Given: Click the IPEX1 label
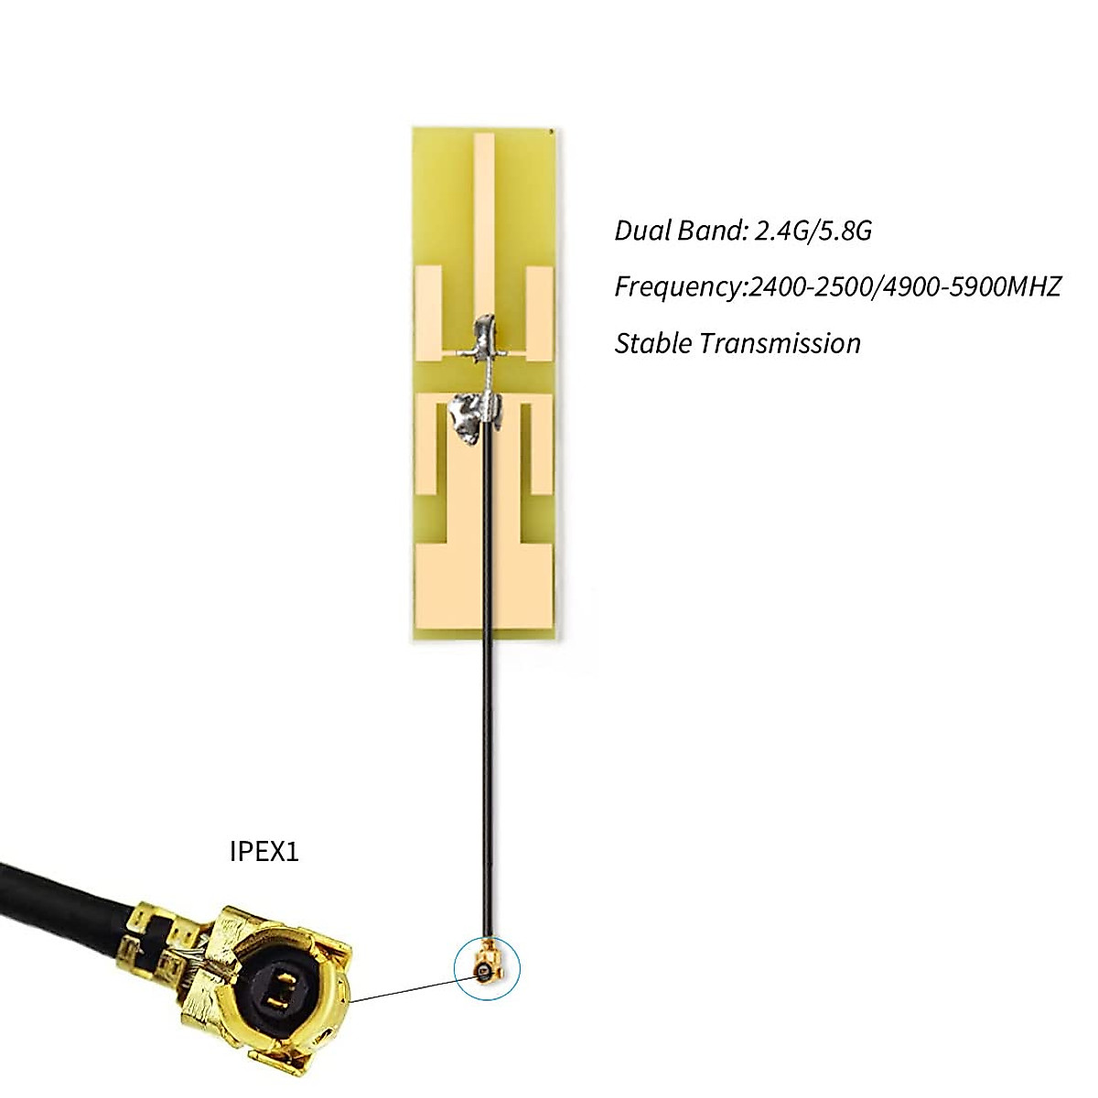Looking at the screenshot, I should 264,852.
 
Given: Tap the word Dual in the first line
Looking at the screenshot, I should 640,231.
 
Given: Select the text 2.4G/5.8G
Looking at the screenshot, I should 813,231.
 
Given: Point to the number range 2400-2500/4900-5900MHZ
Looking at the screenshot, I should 904,287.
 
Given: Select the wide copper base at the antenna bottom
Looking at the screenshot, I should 484,586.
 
